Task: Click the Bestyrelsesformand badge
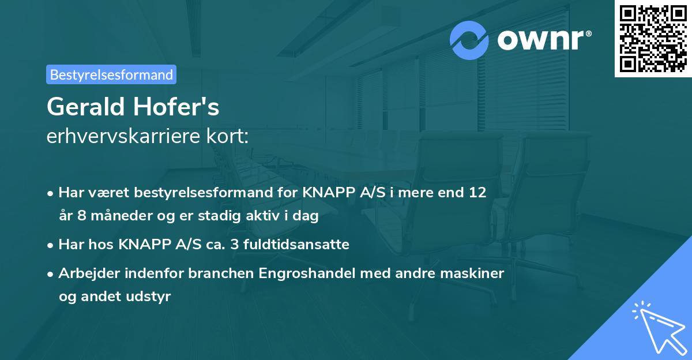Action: coord(111,74)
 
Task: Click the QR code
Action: coord(653,39)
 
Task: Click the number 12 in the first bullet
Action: coord(477,192)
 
